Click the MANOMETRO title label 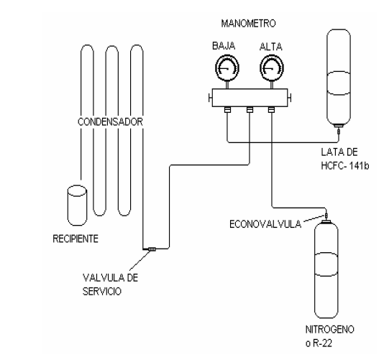click(248, 24)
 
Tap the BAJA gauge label click(224, 46)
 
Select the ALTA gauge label click(271, 47)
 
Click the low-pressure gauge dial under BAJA click(227, 68)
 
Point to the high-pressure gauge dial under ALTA click(272, 68)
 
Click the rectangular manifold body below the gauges click(250, 98)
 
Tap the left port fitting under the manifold click(227, 110)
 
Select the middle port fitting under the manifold click(250, 110)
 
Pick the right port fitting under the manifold click(271, 110)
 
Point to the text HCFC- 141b click(345, 166)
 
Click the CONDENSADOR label click(110, 121)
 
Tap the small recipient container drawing click(77, 206)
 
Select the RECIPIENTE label click(76, 239)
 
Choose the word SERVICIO click(102, 292)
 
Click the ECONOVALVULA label click(265, 224)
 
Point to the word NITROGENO click(329, 329)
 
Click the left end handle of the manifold click(210, 98)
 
